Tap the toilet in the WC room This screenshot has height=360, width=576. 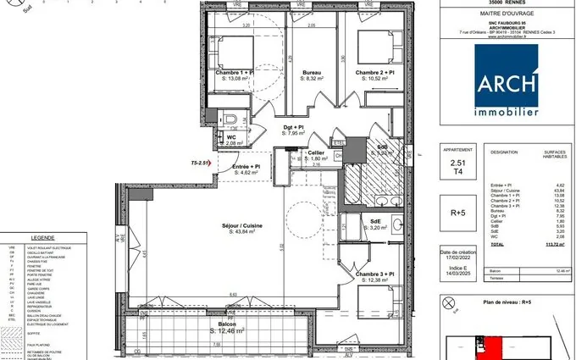click(234, 119)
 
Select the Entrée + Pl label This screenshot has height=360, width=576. click(246, 168)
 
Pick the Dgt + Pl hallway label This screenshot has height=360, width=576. click(294, 128)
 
